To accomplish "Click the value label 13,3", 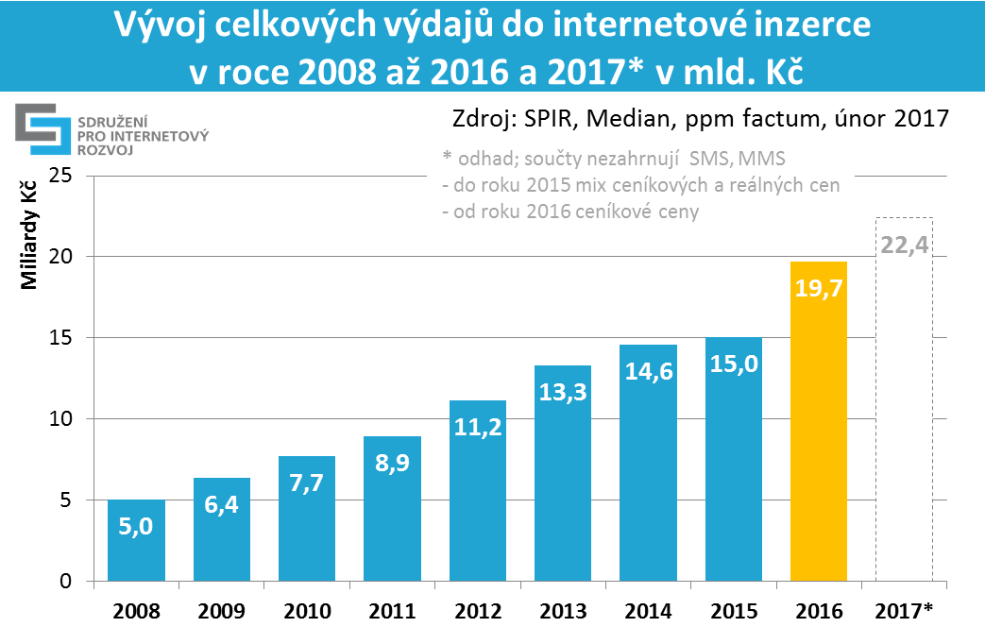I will point(562,391).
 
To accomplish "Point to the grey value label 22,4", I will point(904,246).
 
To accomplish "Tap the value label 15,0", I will point(733,364).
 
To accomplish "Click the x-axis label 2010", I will point(307,611).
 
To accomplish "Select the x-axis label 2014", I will point(647,611).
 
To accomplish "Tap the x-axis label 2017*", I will point(904,611).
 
